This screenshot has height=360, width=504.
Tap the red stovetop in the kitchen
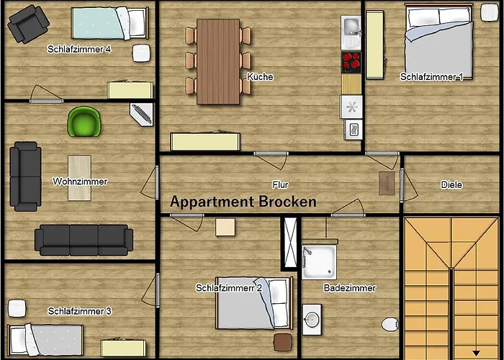(351, 62)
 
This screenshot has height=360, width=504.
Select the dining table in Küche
(218, 60)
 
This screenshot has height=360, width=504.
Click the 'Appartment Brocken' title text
(243, 202)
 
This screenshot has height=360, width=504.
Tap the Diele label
(451, 185)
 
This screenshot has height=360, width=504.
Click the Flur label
(280, 185)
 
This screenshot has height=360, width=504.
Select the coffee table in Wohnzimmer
(79, 177)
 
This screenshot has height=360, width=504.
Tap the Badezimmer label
(349, 288)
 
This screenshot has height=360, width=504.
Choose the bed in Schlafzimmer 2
(253, 302)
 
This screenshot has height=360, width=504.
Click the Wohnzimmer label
(80, 181)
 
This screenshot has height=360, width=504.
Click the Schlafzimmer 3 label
(79, 311)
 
